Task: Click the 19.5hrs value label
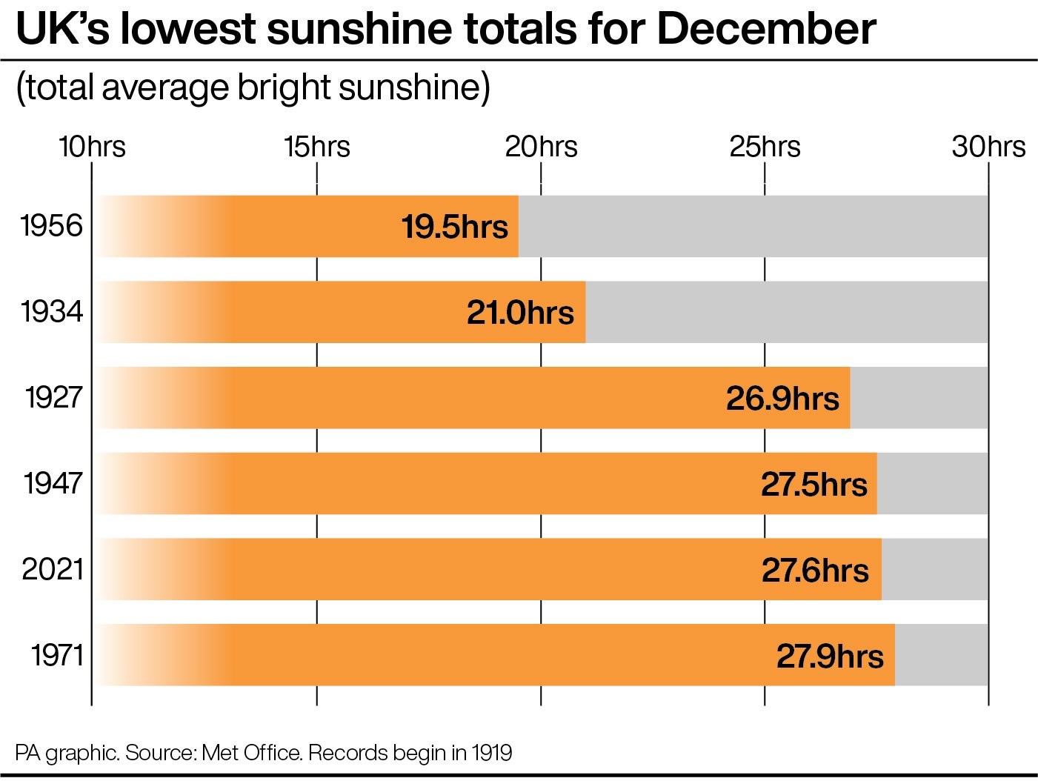tap(454, 227)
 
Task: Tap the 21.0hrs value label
tap(520, 313)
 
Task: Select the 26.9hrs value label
tap(782, 399)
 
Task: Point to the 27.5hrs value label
tap(814, 485)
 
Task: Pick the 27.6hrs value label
tap(815, 571)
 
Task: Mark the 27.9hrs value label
tap(830, 657)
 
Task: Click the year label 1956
tap(52, 226)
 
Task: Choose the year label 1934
tap(52, 312)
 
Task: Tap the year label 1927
tap(53, 398)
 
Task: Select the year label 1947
tap(53, 484)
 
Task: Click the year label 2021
tap(52, 570)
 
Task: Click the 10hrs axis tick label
tap(92, 147)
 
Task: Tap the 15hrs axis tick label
tap(316, 147)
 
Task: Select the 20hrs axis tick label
tap(541, 147)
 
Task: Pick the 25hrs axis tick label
tap(765, 147)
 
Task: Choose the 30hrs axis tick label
tap(988, 147)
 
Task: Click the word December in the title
tap(766, 30)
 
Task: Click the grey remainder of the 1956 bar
tap(752, 227)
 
